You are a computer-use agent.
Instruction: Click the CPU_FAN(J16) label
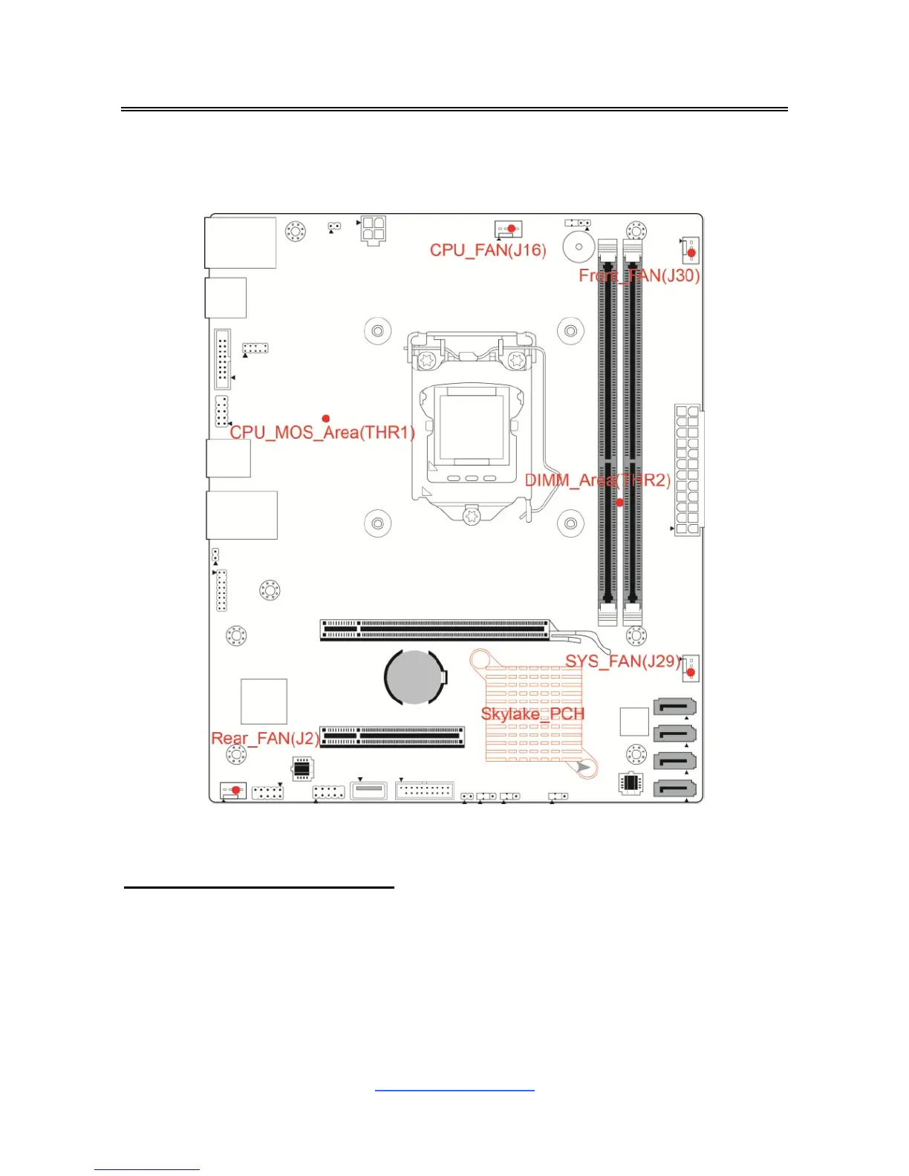pyautogui.click(x=488, y=250)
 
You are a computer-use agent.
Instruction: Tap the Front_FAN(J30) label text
pyautogui.click(x=639, y=275)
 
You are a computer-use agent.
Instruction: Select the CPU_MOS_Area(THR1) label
pyautogui.click(x=322, y=432)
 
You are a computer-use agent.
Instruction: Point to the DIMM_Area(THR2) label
pyautogui.click(x=598, y=480)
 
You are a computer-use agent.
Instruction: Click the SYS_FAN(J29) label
pyautogui.click(x=623, y=661)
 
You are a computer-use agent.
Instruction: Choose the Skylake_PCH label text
pyautogui.click(x=532, y=713)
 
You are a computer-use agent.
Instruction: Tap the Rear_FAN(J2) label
pyautogui.click(x=265, y=739)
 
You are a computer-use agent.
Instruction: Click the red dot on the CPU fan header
pyautogui.click(x=511, y=229)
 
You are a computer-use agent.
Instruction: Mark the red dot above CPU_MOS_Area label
pyautogui.click(x=325, y=419)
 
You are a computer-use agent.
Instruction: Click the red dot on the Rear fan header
pyautogui.click(x=236, y=790)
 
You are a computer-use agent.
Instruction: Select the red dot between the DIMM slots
pyautogui.click(x=620, y=503)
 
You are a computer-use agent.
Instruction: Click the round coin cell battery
pyautogui.click(x=414, y=676)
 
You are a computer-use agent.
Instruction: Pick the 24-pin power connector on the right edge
pyautogui.click(x=688, y=470)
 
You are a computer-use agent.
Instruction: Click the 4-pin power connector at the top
pyautogui.click(x=374, y=231)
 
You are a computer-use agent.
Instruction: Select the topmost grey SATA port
pyautogui.click(x=674, y=708)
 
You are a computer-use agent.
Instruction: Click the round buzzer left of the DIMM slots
pyautogui.click(x=579, y=246)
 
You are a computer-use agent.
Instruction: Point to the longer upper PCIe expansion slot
pyautogui.click(x=435, y=630)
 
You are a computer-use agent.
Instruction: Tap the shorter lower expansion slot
pyautogui.click(x=392, y=736)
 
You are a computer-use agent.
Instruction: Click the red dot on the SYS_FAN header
pyautogui.click(x=691, y=673)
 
